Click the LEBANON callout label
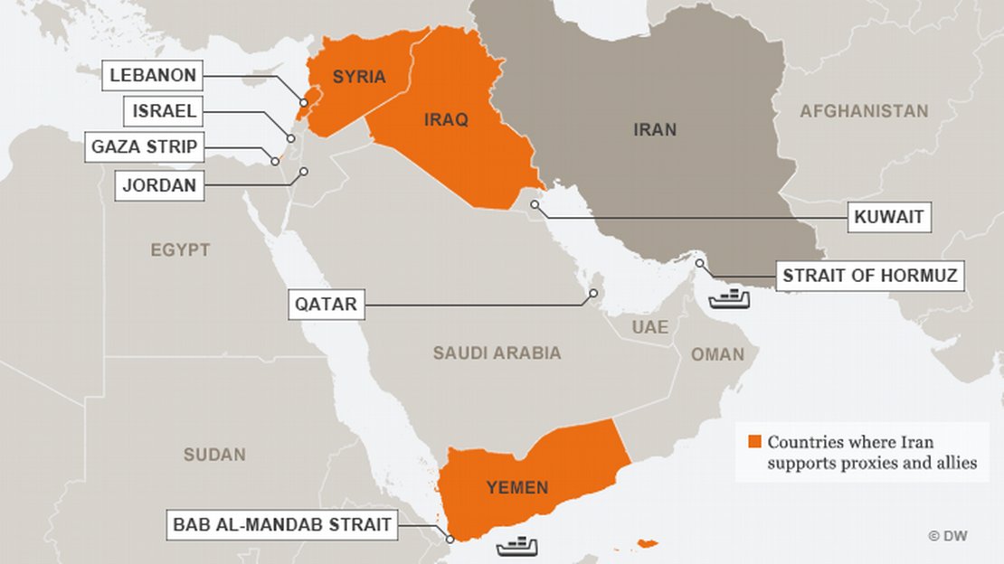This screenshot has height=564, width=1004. coord(155,75)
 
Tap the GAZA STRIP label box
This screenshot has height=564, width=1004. coord(145,146)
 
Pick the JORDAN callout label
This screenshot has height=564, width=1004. coord(159,187)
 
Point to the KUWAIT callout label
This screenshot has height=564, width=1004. coord(890,217)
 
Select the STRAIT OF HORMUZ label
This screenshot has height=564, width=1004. coord(869,276)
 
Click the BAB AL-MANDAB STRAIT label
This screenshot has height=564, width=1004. coord(282,524)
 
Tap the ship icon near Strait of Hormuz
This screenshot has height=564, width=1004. coord(730,296)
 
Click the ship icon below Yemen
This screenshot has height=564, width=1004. coord(517,545)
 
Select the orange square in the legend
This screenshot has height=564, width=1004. coord(753,442)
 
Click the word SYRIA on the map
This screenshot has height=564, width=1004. coord(359,77)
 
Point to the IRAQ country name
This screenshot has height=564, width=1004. coord(446,119)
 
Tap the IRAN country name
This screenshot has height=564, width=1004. coord(654,130)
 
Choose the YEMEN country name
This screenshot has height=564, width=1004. coord(516,488)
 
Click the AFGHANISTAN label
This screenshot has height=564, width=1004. coord(864,111)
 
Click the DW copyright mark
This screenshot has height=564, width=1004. coord(947,536)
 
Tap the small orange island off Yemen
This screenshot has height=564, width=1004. coord(647,543)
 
